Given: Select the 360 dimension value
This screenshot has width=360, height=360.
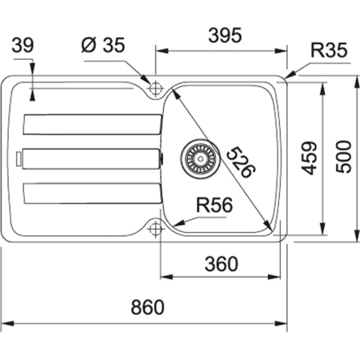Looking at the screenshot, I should [x=219, y=262].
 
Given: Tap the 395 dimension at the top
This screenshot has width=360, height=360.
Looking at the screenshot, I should [x=222, y=36].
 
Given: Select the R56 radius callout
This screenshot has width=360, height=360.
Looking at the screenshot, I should [x=214, y=205].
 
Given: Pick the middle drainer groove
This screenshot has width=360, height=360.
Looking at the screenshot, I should [x=93, y=159].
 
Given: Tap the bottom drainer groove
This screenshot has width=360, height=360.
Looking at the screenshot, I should [x=93, y=194].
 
